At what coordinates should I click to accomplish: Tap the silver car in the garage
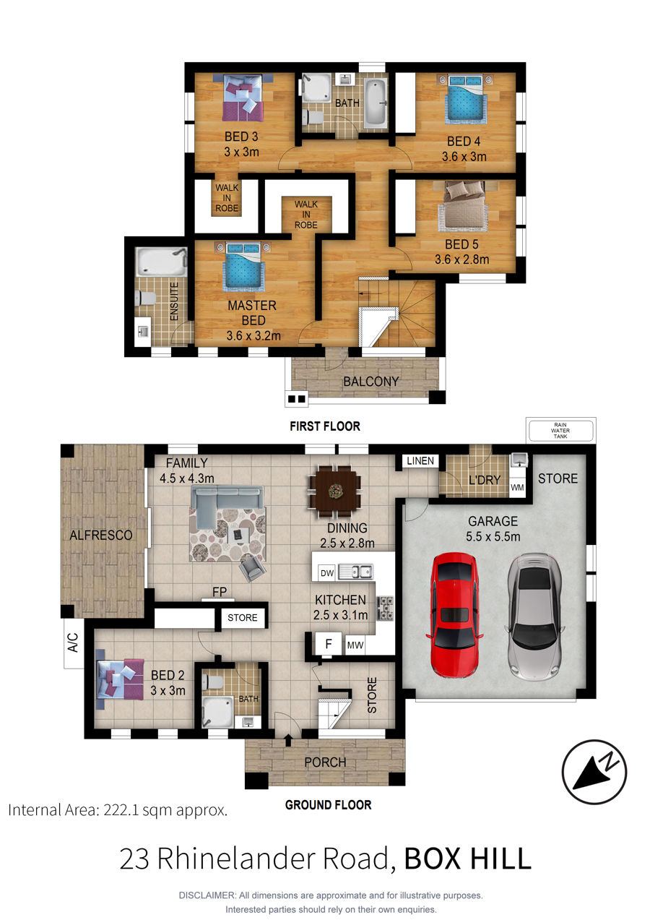click(534, 615)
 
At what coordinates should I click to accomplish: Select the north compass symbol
click(594, 772)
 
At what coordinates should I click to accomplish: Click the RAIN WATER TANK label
click(560, 431)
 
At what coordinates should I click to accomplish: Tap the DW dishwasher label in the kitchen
click(326, 573)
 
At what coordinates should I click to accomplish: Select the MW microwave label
click(355, 645)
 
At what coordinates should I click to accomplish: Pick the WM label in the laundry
click(517, 488)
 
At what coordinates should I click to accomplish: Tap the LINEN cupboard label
click(420, 461)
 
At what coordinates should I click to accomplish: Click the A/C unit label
click(73, 642)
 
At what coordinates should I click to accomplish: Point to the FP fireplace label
click(220, 592)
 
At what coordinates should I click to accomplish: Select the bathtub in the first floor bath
click(376, 103)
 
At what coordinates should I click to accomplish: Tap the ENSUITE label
click(174, 301)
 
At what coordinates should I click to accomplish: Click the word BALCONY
click(371, 382)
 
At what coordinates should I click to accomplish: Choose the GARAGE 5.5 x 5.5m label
click(493, 528)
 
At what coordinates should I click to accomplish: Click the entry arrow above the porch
click(288, 740)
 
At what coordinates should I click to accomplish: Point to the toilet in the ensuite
click(145, 298)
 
